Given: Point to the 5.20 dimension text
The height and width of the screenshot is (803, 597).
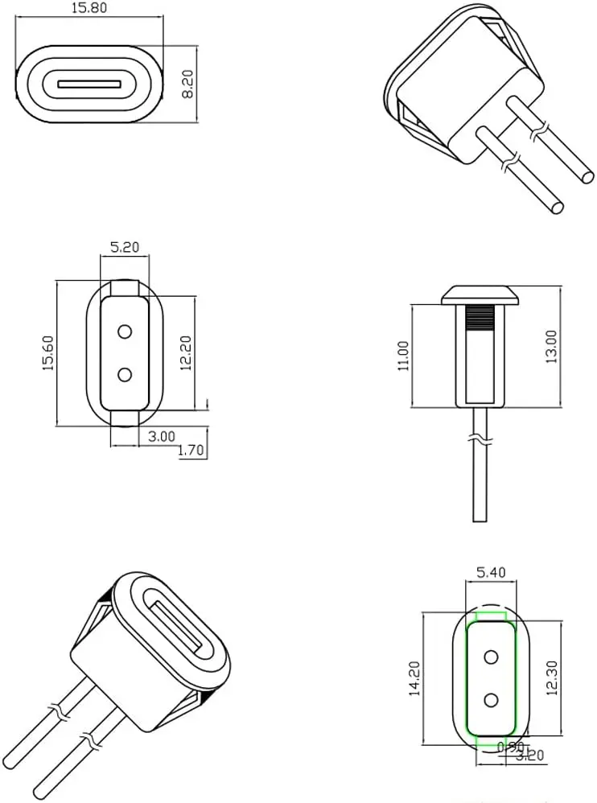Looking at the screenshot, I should (x=125, y=248).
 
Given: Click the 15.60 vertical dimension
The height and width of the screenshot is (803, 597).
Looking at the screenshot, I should (x=47, y=352).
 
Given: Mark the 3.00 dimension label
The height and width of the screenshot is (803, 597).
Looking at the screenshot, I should (x=162, y=436).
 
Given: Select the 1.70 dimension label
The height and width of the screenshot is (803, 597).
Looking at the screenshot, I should (x=191, y=451).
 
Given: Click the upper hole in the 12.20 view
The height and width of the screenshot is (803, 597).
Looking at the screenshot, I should (x=125, y=331).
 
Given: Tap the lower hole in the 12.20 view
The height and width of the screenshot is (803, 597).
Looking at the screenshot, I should (x=125, y=374).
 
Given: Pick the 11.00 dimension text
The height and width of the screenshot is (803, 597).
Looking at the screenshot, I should (x=402, y=355).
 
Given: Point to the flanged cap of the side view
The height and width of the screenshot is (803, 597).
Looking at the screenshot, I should (x=479, y=294).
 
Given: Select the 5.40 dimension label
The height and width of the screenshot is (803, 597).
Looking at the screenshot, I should (x=491, y=573).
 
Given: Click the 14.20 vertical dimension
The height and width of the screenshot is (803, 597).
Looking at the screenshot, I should (x=414, y=678).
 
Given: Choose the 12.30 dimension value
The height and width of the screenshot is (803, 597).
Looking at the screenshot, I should (x=551, y=678).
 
